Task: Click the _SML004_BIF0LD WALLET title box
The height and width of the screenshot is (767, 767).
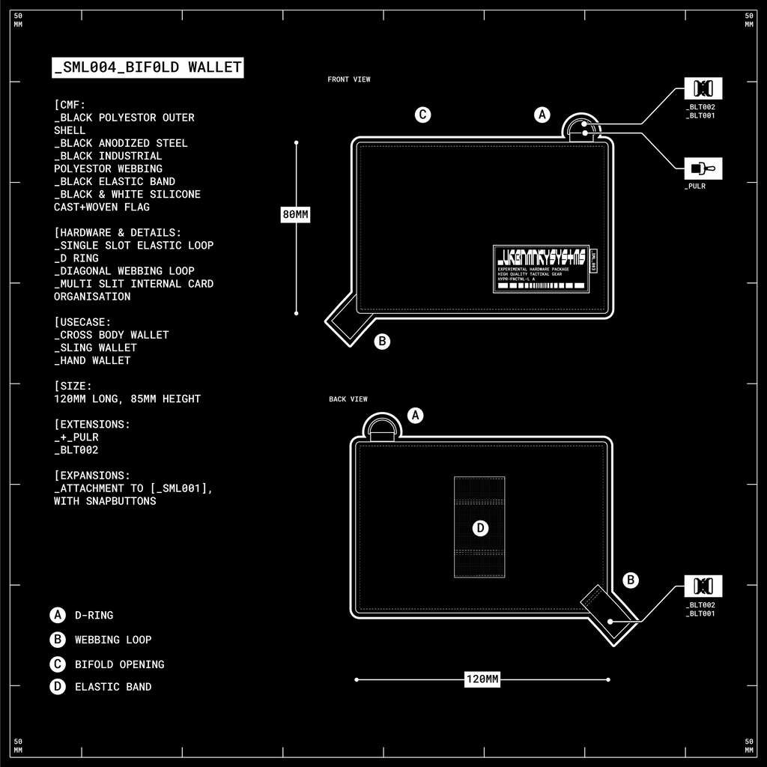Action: click(x=148, y=67)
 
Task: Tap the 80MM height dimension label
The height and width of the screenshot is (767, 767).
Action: click(x=295, y=215)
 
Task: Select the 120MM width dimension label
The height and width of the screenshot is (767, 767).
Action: click(x=482, y=679)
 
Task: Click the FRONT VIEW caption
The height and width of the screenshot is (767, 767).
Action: click(x=349, y=79)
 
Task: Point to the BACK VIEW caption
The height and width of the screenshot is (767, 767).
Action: click(x=348, y=399)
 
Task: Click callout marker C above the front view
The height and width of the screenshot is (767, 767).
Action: click(x=423, y=115)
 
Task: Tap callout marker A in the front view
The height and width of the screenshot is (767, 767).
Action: click(x=542, y=115)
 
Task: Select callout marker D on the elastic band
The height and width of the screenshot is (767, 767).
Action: click(x=480, y=528)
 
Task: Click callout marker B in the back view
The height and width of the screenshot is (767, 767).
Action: click(x=631, y=580)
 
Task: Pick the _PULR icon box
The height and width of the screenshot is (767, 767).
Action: click(x=703, y=169)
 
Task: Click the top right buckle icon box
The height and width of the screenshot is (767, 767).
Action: click(x=703, y=89)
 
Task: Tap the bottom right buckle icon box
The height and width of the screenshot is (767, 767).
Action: click(x=703, y=586)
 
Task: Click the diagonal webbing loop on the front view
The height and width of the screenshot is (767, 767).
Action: click(x=346, y=321)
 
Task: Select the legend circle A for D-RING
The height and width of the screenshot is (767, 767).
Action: click(x=58, y=615)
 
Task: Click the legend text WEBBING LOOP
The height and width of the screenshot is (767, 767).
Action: click(x=113, y=640)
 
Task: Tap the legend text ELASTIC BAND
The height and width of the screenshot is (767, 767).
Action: click(x=113, y=687)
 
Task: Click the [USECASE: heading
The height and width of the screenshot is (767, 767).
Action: click(x=82, y=322)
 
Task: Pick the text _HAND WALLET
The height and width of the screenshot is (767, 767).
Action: click(x=92, y=360)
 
